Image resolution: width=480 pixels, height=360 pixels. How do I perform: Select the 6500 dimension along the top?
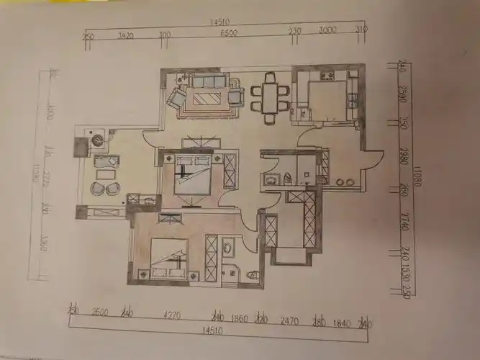pos(229,34)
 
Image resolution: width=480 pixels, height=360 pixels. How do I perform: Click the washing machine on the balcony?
pos(95,138)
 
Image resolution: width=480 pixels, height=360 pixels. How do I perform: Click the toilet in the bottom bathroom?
pos(253,275)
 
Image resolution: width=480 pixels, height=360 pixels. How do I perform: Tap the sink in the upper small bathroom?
pos(271,179)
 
